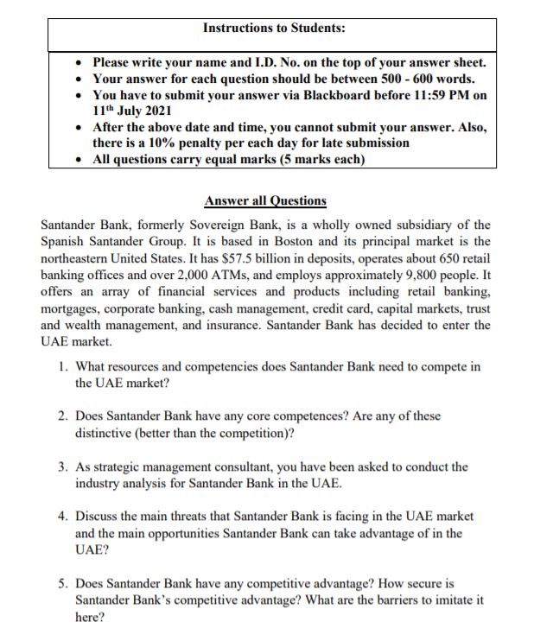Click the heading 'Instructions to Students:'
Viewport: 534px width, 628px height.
pos(274,28)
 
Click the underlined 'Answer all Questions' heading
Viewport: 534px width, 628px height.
pos(265,201)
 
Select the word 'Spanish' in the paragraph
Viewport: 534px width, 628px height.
pos(64,241)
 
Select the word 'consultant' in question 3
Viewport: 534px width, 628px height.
pos(257,466)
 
